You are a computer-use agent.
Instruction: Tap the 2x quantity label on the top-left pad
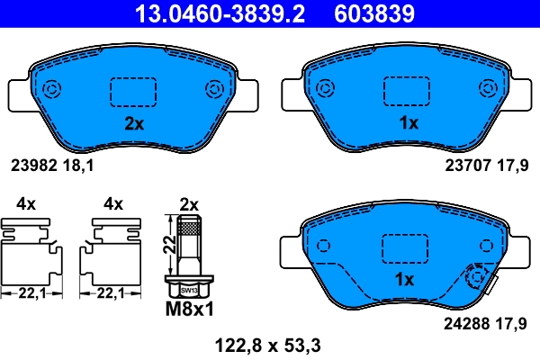pos(133,124)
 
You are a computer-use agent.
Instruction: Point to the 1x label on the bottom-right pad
pos(405,279)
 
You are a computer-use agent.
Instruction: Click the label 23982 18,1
pos(52,165)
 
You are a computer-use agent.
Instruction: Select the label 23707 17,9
pos(489,165)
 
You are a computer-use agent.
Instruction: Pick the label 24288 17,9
pos(489,318)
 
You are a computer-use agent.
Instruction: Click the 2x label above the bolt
pos(189,203)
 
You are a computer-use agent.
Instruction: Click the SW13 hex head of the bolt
pos(188,291)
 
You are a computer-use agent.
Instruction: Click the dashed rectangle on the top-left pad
pos(133,91)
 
